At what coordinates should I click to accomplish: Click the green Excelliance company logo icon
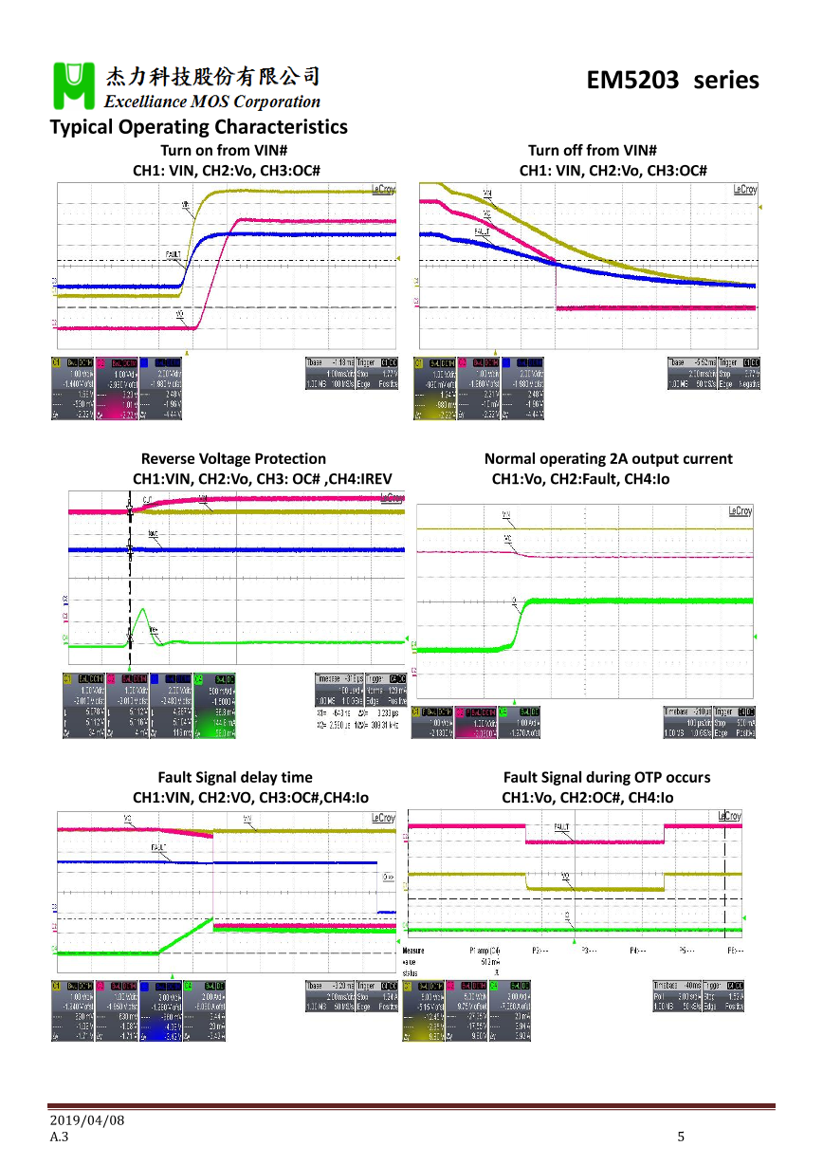pyautogui.click(x=72, y=85)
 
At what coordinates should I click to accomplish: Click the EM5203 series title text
pyautogui.click(x=672, y=81)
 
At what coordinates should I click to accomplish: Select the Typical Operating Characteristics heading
pyautogui.click(x=198, y=127)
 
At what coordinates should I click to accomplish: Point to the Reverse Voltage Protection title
pyautogui.click(x=233, y=459)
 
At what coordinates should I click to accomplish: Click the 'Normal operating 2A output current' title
pyautogui.click(x=608, y=459)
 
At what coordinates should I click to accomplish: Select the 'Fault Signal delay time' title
pyautogui.click(x=234, y=778)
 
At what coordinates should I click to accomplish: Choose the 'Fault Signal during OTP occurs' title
pyautogui.click(x=607, y=778)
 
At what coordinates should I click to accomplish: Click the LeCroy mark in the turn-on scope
pyautogui.click(x=384, y=190)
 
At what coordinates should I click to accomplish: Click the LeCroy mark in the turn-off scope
pyautogui.click(x=744, y=190)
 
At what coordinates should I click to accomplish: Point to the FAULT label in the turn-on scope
pyautogui.click(x=174, y=254)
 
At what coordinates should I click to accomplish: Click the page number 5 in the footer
pyautogui.click(x=680, y=1137)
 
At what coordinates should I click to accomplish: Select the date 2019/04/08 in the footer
pyautogui.click(x=87, y=1119)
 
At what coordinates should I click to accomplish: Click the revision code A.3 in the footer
pyautogui.click(x=59, y=1137)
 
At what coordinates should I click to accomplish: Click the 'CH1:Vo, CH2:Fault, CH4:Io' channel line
pyautogui.click(x=580, y=479)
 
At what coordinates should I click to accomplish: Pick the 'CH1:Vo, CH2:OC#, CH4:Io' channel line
pyautogui.click(x=587, y=798)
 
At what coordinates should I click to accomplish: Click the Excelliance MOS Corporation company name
pyautogui.click(x=213, y=102)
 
